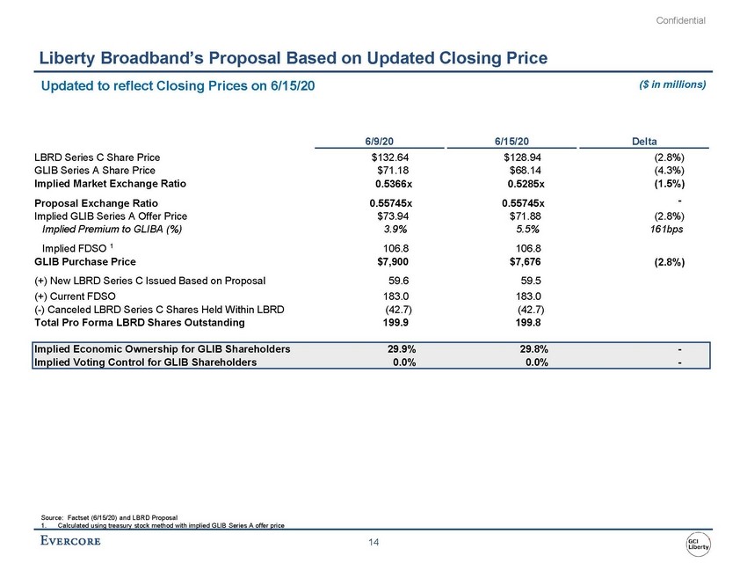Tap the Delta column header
pos(649,140)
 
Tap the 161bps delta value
pos(664,229)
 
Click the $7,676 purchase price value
pos(524,261)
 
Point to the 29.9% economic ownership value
pos(402,349)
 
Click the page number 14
pos(373,544)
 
